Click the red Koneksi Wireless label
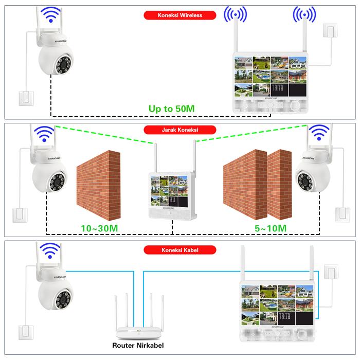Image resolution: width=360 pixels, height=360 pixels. (180, 15)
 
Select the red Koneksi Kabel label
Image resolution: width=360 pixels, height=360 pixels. (179, 250)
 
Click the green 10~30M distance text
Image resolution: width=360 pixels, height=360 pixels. (100, 227)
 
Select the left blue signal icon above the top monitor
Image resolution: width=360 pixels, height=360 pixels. (235, 15)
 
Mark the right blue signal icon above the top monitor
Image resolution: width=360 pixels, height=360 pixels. (304, 15)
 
